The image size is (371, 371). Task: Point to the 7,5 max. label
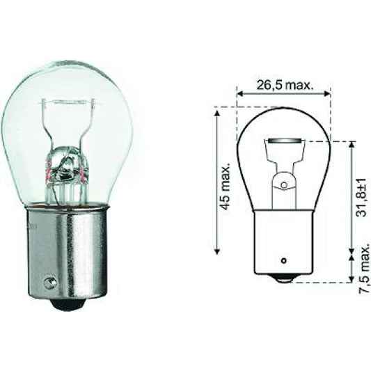click(x=361, y=268)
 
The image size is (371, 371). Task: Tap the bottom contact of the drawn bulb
click(x=283, y=278)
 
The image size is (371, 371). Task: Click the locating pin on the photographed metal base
click(x=48, y=283)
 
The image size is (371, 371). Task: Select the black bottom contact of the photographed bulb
click(x=68, y=303)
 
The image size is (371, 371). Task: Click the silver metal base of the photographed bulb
click(x=68, y=251)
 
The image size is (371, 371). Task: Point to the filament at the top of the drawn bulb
click(x=283, y=147)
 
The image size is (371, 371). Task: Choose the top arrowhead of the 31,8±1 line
click(x=351, y=145)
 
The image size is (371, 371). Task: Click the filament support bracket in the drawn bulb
click(x=283, y=180)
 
